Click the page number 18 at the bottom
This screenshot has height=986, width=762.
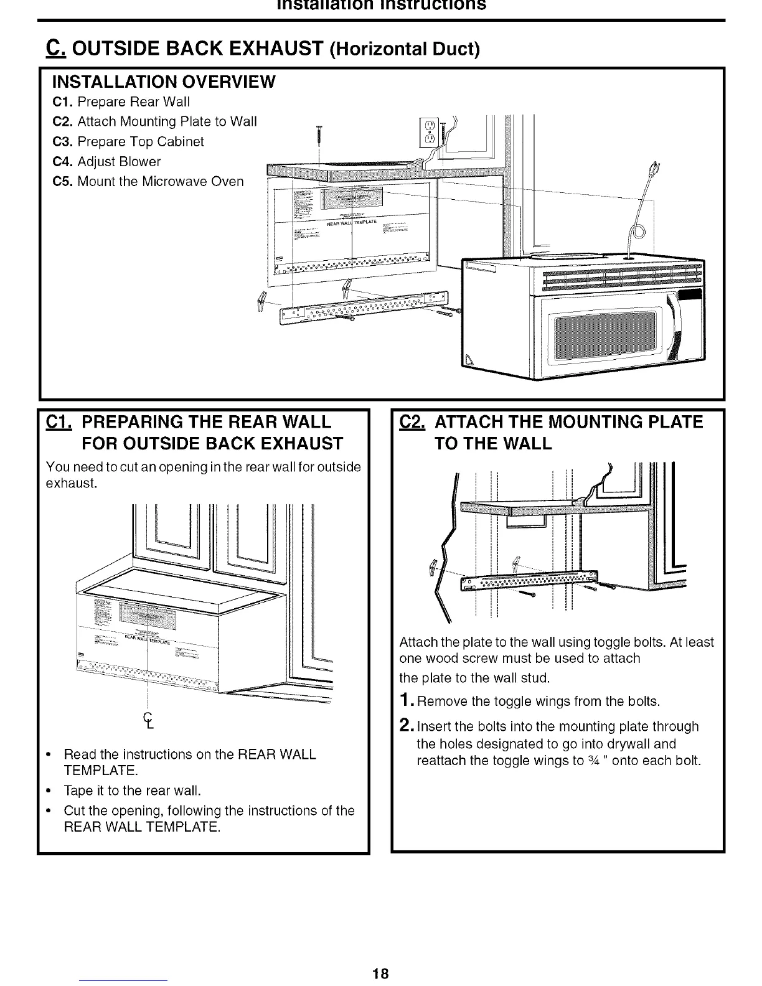pyautogui.click(x=381, y=974)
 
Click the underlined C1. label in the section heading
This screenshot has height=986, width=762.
pyautogui.click(x=60, y=422)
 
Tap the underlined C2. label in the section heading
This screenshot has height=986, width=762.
pyautogui.click(x=412, y=422)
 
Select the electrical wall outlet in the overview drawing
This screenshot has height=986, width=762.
pyautogui.click(x=428, y=133)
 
